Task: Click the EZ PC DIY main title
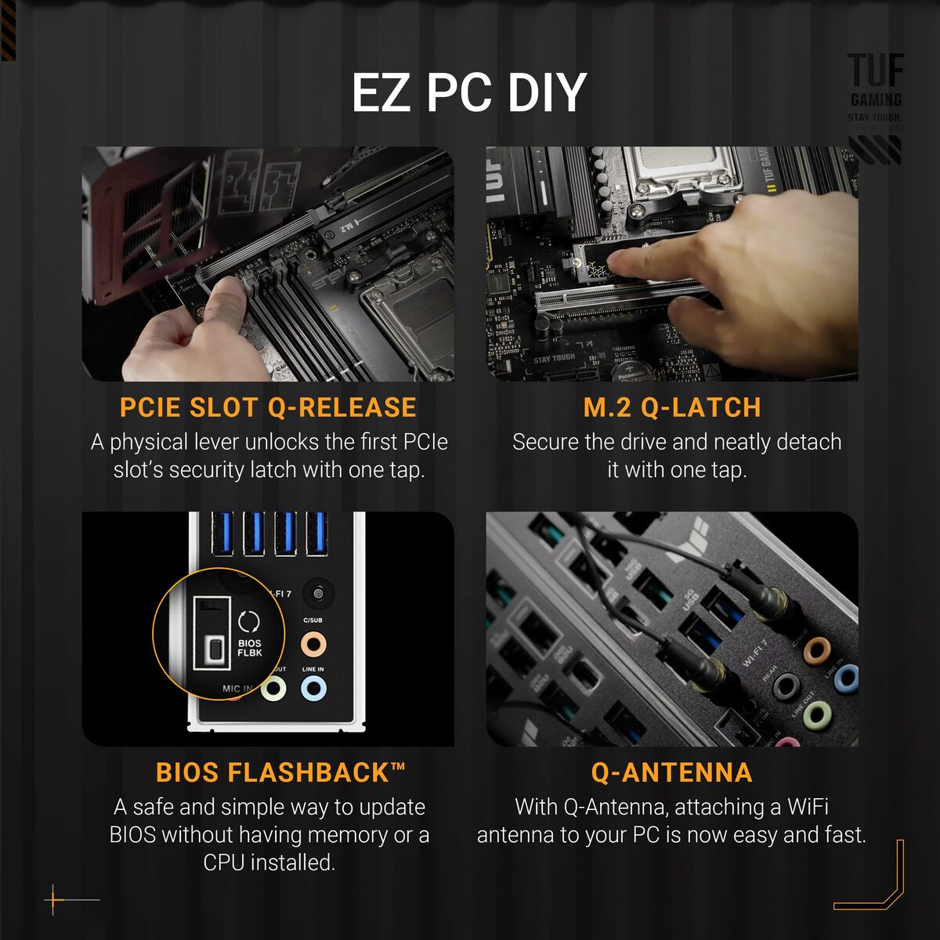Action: (x=468, y=92)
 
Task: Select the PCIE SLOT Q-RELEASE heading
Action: (x=268, y=408)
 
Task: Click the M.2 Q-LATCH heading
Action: (x=672, y=408)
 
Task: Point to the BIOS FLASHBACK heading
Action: (x=280, y=773)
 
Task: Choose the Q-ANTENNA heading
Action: (x=671, y=773)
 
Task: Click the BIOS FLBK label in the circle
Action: (x=250, y=647)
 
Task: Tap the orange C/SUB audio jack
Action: (x=313, y=645)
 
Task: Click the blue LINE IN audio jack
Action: (x=313, y=689)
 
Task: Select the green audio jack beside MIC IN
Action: (x=273, y=689)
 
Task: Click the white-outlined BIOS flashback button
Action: (x=212, y=648)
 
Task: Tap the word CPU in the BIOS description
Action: (x=226, y=862)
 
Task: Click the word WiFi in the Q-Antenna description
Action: (x=808, y=807)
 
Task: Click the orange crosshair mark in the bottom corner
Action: (x=54, y=900)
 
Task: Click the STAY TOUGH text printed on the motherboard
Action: (x=554, y=359)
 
